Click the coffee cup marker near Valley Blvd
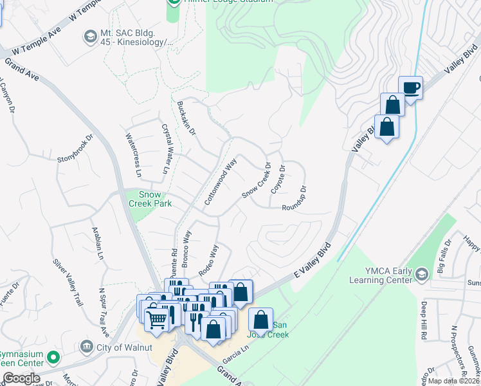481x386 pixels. point(410,87)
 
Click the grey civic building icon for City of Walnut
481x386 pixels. point(86,347)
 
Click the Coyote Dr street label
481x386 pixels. point(278,178)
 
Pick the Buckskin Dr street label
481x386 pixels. point(186,117)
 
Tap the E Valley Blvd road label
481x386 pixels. point(311,260)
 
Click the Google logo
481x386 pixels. point(21,378)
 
